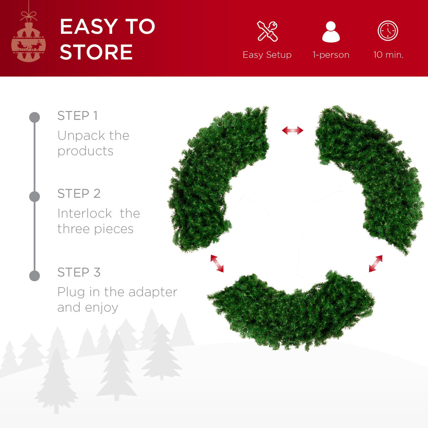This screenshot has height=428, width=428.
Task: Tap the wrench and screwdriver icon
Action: [267, 31]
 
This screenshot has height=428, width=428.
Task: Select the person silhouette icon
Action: [331, 31]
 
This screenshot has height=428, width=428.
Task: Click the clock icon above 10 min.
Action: [388, 31]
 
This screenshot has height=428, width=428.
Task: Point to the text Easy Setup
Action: [267, 55]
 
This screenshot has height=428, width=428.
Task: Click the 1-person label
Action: [331, 55]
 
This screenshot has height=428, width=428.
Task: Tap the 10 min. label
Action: [388, 55]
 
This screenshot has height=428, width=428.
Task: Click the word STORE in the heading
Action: [96, 52]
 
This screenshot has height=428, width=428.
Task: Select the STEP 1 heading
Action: [79, 115]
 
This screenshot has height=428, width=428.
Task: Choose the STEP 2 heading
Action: [79, 194]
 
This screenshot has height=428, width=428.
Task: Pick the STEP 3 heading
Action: [79, 272]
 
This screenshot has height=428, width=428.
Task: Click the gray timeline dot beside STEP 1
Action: [35, 117]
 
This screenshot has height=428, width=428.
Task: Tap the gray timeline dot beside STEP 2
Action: [35, 196]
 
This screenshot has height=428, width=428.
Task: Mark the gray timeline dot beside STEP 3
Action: [35, 275]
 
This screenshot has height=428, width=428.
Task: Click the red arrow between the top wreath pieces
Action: [293, 131]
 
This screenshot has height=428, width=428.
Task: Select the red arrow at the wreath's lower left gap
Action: [217, 263]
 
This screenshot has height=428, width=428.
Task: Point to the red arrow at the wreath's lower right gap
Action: [375, 264]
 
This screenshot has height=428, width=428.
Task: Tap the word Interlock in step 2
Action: [84, 214]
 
